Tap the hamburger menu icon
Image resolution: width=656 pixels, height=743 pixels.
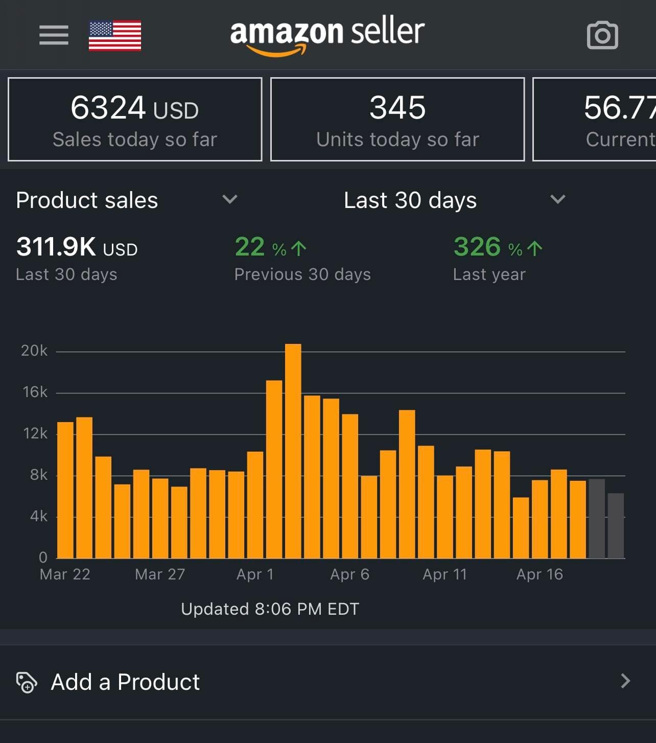pos(54,35)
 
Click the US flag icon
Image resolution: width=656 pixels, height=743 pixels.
pos(115,36)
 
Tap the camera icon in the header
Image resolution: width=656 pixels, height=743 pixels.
pos(602,36)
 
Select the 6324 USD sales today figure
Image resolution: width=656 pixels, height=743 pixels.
pos(134,108)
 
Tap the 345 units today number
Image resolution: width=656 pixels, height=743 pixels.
pos(397,108)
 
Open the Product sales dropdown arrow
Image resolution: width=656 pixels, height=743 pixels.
pos(230,199)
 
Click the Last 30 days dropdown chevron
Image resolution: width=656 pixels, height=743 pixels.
pos(557,199)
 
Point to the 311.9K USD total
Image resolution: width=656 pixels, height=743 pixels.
pos(77,247)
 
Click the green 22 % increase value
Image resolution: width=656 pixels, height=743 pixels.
pos(270,247)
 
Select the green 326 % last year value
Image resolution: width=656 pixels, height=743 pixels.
pos(497,247)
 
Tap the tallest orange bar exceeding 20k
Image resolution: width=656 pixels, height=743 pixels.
pos(293,450)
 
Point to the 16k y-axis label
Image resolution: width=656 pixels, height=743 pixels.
pos(35,392)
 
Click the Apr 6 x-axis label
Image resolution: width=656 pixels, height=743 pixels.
pos(349,574)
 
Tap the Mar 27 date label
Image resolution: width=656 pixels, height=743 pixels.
pos(160,574)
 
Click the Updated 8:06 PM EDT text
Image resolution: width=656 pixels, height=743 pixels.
pos(270,609)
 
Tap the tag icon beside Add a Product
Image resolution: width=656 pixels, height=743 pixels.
pos(27,682)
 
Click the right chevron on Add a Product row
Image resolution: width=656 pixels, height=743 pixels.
pos(625,681)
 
